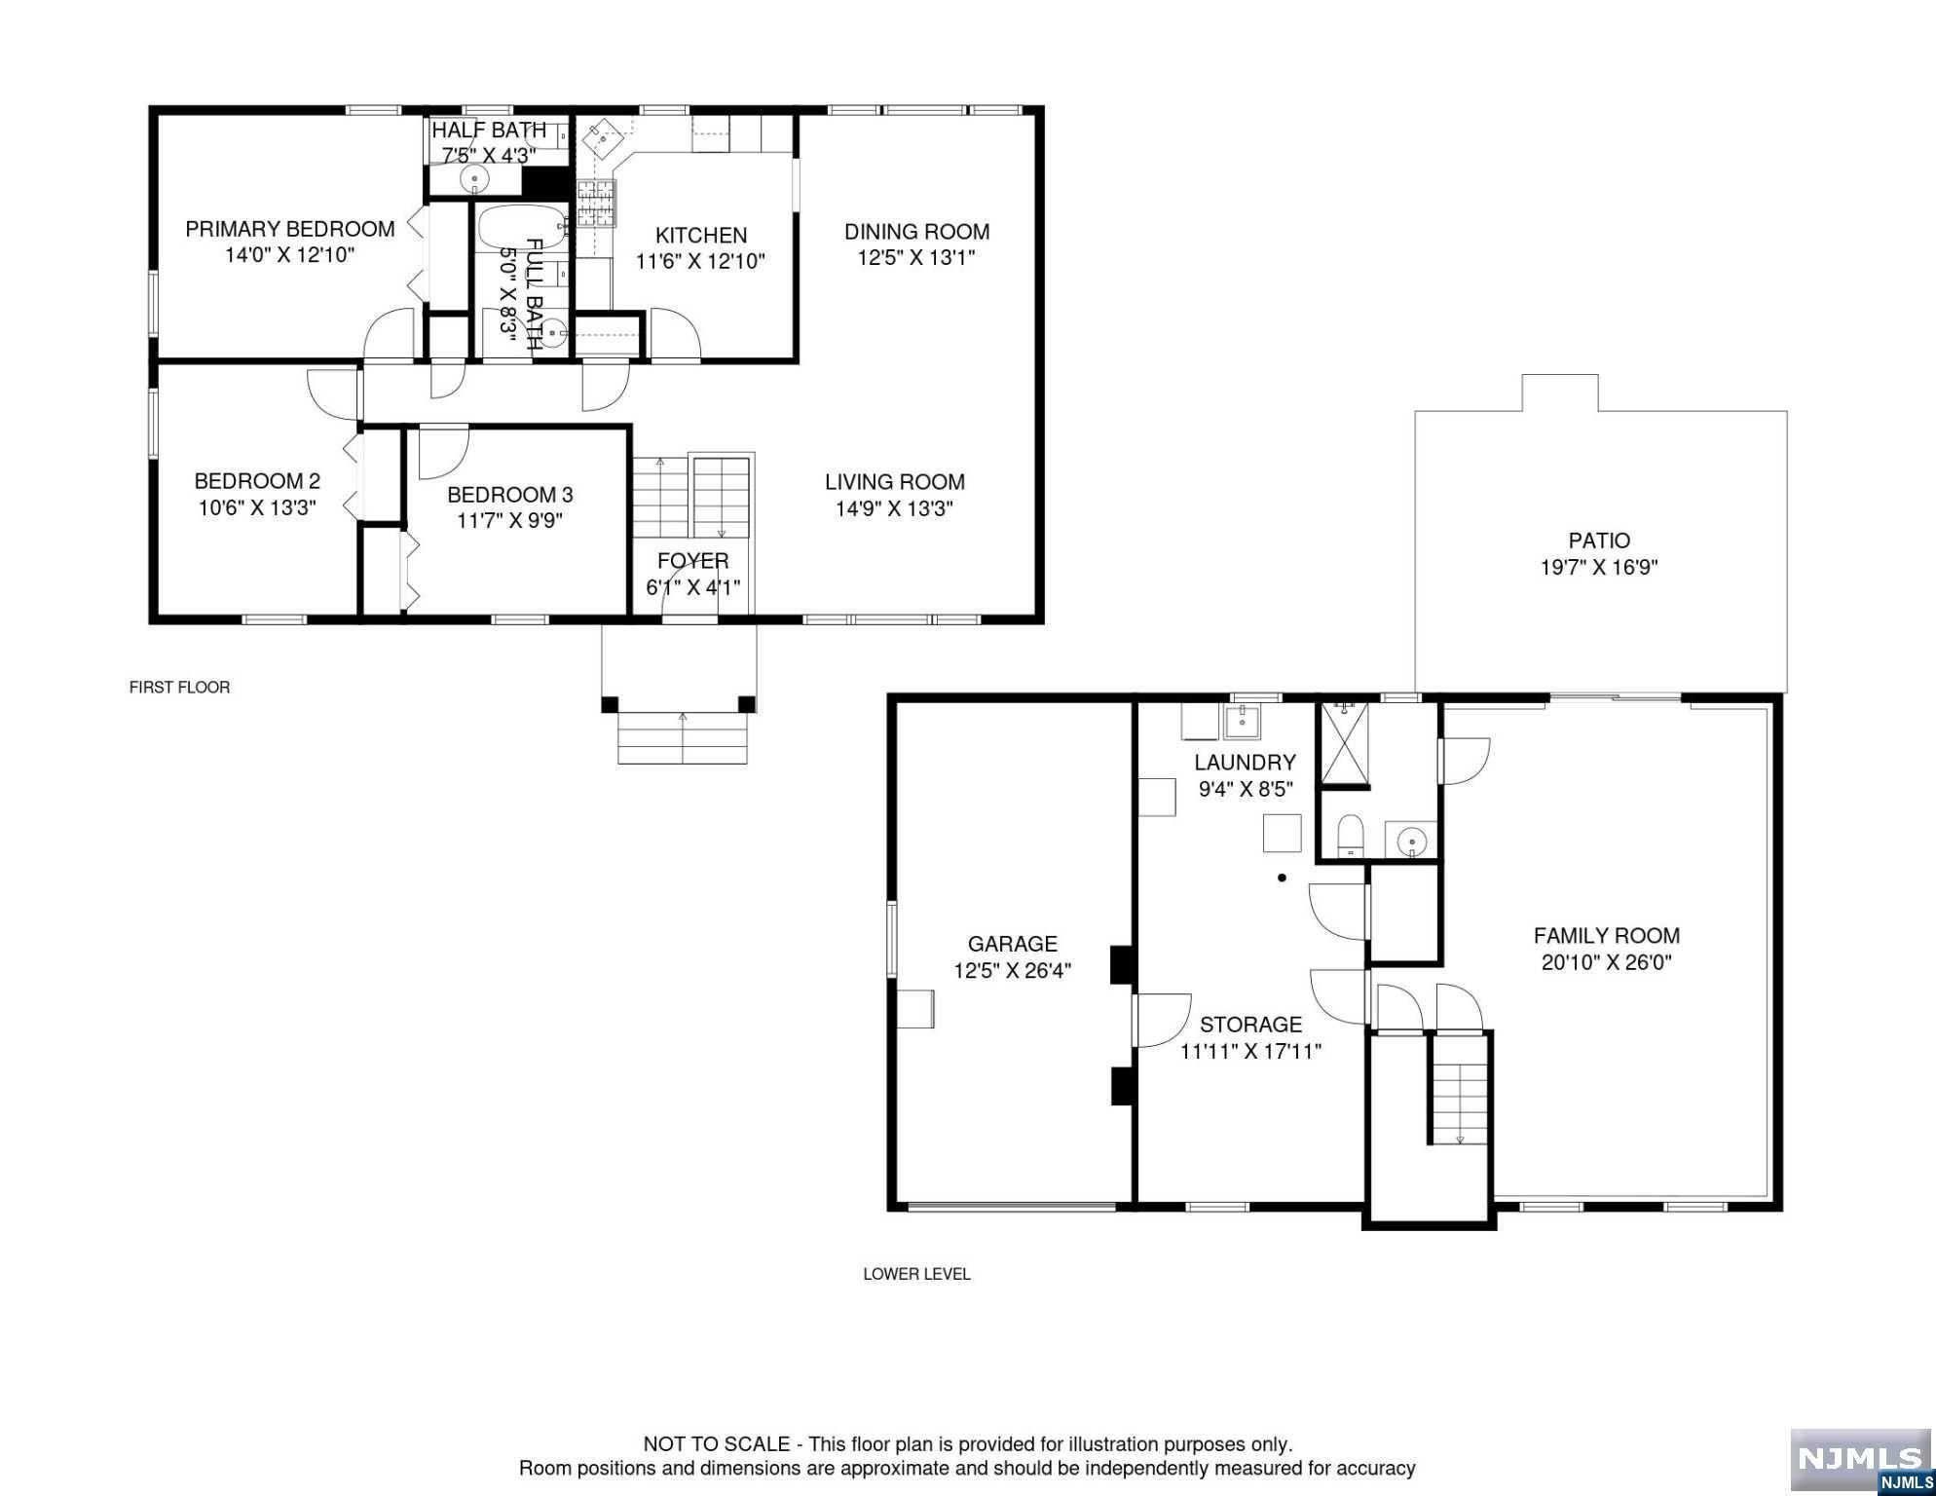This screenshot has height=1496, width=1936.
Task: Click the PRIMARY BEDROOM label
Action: click(x=290, y=229)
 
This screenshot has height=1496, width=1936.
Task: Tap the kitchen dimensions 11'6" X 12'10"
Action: click(x=701, y=261)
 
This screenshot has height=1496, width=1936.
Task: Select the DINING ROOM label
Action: click(x=916, y=232)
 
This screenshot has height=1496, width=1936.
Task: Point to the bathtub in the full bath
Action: click(x=522, y=228)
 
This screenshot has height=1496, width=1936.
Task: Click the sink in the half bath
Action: click(x=474, y=178)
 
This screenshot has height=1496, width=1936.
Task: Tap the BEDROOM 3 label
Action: click(x=510, y=495)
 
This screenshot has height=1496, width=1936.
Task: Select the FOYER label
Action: click(x=693, y=561)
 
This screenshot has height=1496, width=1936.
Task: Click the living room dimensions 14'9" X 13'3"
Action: click(x=894, y=508)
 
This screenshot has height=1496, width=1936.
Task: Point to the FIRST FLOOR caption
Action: click(x=180, y=688)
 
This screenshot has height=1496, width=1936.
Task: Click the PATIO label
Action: click(x=1599, y=541)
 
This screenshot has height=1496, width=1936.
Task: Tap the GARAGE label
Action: click(x=1013, y=944)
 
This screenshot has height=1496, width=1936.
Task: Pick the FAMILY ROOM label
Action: click(x=1607, y=936)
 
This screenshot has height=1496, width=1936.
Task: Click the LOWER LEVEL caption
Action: click(x=916, y=1274)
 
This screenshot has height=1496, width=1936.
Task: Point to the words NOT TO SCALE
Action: click(x=717, y=1444)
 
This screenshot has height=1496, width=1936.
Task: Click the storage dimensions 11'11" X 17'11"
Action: click(x=1250, y=1051)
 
